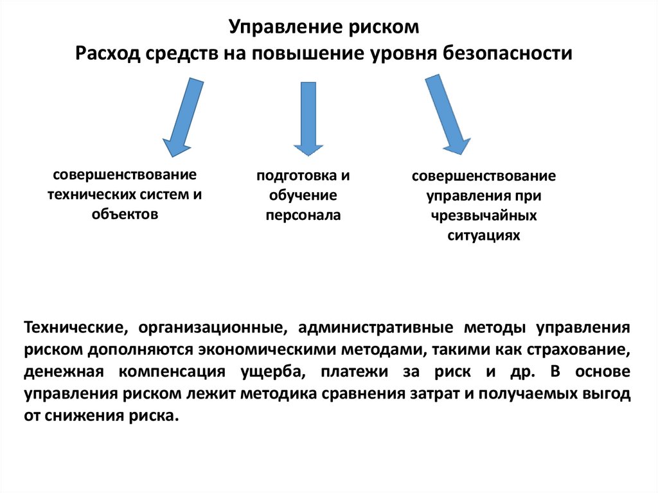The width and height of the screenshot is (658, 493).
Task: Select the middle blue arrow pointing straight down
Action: point(308,118)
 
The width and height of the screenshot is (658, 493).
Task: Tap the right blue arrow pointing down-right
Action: point(447,114)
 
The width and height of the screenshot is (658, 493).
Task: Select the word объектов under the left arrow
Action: point(125,214)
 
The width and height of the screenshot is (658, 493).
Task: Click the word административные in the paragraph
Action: point(373,328)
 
